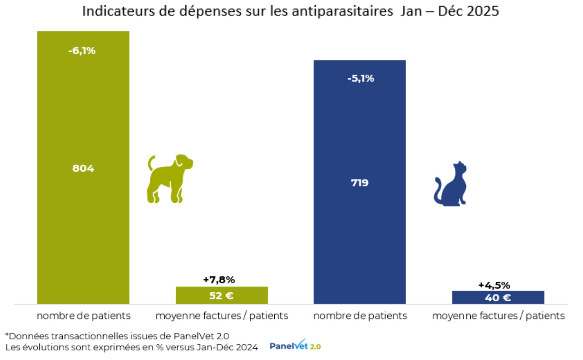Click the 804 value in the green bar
[x=83, y=168]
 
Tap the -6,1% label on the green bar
[x=82, y=51]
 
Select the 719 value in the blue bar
[x=360, y=183]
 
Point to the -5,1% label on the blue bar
[x=360, y=78]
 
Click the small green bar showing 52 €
[x=222, y=296]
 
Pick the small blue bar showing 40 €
[x=498, y=298]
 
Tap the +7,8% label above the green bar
[x=219, y=280]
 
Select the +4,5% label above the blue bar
[x=494, y=285]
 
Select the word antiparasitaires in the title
[x=342, y=11]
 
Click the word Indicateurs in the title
[x=119, y=11]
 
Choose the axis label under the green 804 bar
[x=83, y=316]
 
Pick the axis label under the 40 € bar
[x=498, y=316]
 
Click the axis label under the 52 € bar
[x=222, y=316]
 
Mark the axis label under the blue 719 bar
[x=360, y=316]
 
